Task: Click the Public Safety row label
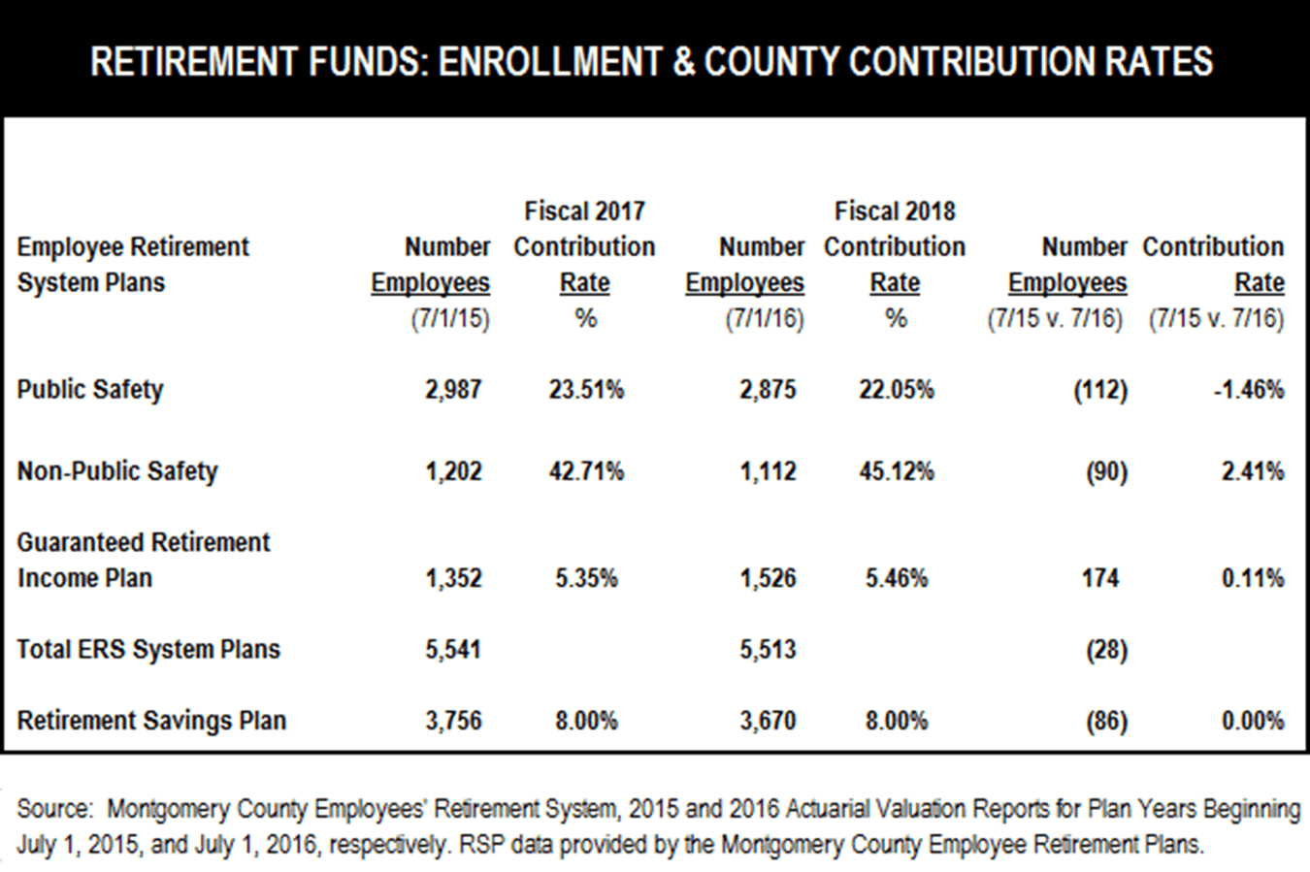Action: click(90, 390)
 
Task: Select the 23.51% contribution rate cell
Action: click(585, 390)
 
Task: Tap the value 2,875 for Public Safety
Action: click(768, 390)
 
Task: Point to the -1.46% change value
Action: click(1249, 390)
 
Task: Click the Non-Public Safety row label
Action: click(117, 471)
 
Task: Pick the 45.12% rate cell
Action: click(896, 471)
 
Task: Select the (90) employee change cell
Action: click(1106, 471)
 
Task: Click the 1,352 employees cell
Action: click(453, 578)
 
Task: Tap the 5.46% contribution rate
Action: click(896, 578)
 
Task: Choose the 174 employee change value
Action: click(1100, 578)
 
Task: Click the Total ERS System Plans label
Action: click(148, 650)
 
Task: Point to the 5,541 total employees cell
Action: click(453, 650)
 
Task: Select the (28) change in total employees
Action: click(1106, 650)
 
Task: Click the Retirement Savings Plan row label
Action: click(151, 722)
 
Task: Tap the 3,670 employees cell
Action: click(768, 722)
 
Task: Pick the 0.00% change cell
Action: click(1253, 722)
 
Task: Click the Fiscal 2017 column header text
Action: click(584, 211)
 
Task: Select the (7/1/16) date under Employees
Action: click(765, 319)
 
